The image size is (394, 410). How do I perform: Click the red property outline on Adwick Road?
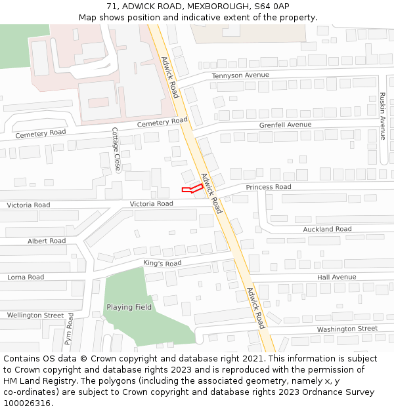[192, 189]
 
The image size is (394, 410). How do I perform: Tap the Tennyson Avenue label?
[240, 75]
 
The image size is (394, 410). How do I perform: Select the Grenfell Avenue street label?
[285, 125]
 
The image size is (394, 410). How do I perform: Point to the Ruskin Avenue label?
[382, 116]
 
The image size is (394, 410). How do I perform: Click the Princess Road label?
[269, 187]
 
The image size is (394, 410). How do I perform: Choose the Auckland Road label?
[327, 229]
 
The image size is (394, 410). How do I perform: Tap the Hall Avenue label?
[336, 277]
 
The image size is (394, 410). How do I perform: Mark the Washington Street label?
[347, 329]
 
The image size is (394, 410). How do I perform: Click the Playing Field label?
[129, 307]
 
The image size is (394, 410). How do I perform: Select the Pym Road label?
[69, 329]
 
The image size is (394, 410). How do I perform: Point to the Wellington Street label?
[35, 316]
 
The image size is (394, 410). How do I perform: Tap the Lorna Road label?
[26, 277]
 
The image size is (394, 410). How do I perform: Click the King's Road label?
[162, 264]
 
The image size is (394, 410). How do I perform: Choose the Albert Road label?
[47, 241]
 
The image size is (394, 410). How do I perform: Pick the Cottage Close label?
[116, 150]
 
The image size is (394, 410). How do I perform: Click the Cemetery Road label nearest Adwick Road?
[162, 123]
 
